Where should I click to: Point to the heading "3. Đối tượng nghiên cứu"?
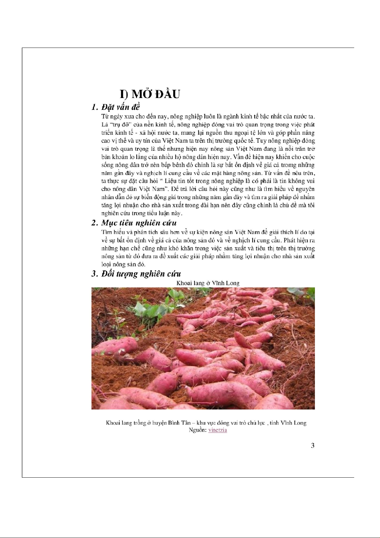pyautogui.click(x=136, y=274)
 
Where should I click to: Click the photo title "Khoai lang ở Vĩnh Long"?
pyautogui.click(x=208, y=283)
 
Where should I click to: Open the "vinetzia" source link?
pyautogui.click(x=218, y=430)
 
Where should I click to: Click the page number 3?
pyautogui.click(x=313, y=445)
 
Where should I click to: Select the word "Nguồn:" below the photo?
pyautogui.click(x=198, y=430)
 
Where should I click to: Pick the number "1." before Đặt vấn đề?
pyautogui.click(x=94, y=107)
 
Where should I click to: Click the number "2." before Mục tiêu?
pyautogui.click(x=94, y=223)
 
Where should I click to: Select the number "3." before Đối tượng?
pyautogui.click(x=94, y=274)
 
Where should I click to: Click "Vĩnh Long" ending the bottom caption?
pyautogui.click(x=294, y=423)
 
